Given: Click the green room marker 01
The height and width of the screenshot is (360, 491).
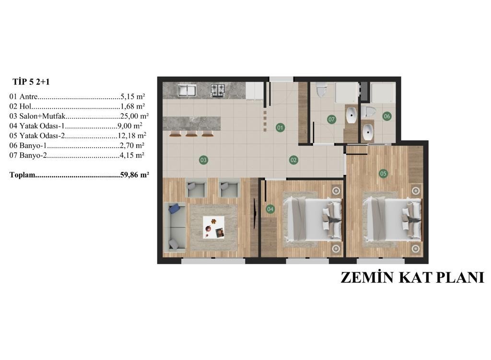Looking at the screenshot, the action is pos(280,128).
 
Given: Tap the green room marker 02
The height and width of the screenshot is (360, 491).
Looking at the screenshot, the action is pos(293,160).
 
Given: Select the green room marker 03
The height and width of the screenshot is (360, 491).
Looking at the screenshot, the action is pos(203,160).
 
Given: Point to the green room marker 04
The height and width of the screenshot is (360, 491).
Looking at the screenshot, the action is pos(270,209).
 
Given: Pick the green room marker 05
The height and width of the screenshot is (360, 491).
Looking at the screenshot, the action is pos(383,174).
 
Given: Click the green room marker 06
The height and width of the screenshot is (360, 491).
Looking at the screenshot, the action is pos(387,116).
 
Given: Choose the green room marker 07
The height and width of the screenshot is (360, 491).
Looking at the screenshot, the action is pos(331,119).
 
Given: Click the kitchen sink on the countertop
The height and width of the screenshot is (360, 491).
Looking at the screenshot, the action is pos(187,90).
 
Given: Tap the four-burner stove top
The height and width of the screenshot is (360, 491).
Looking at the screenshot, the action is pos(218,90).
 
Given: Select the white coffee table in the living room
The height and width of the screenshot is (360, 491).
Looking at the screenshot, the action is pos(214,227).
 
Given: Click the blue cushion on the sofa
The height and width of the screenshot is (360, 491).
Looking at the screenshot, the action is pos(174,208).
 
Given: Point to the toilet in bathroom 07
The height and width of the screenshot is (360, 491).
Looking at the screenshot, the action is pos(321,90).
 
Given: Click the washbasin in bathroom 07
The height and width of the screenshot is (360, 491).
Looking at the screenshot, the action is pos(352,116).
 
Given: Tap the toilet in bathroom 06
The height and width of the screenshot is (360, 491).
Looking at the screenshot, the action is pos(368,111).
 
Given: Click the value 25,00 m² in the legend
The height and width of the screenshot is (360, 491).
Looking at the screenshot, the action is pos(134,116).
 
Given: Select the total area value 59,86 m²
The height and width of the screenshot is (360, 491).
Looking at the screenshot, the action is pos(134,174).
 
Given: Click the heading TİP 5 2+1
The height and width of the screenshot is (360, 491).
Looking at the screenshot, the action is pos(31,82).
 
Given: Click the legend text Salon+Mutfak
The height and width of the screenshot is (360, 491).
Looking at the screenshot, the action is pos(42,116).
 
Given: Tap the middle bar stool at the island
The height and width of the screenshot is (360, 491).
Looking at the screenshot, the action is pos(191,134).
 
